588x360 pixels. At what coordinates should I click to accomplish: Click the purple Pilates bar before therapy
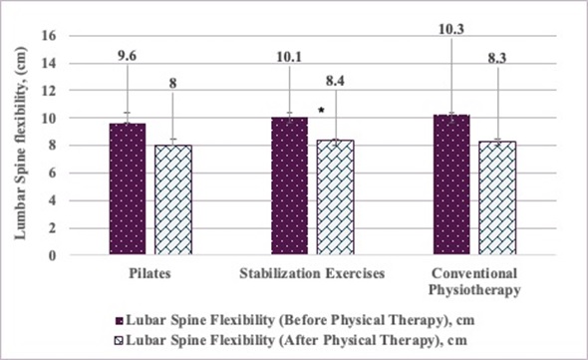point(127,189)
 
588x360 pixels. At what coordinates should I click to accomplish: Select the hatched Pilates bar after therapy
point(172,200)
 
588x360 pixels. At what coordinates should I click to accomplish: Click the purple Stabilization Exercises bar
point(289,186)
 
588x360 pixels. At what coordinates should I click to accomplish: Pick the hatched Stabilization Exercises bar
point(335,197)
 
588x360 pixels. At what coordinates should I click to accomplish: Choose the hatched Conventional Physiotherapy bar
point(497,198)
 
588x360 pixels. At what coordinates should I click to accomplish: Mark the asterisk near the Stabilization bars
point(321,111)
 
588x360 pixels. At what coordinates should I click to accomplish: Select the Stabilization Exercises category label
point(312,270)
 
